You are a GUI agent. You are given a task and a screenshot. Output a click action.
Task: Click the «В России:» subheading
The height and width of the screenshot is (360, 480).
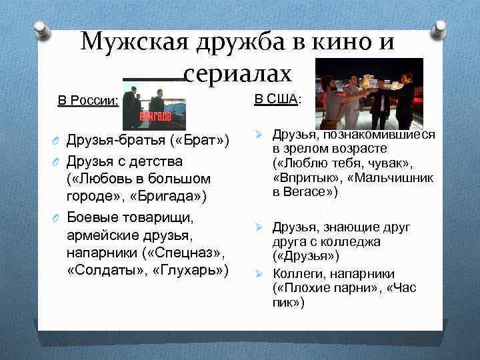click(x=89, y=101)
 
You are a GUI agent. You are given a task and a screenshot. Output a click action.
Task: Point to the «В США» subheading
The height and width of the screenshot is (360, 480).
click(x=276, y=99)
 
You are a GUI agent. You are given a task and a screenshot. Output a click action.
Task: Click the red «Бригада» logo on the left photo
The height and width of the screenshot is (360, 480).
click(x=155, y=115)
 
